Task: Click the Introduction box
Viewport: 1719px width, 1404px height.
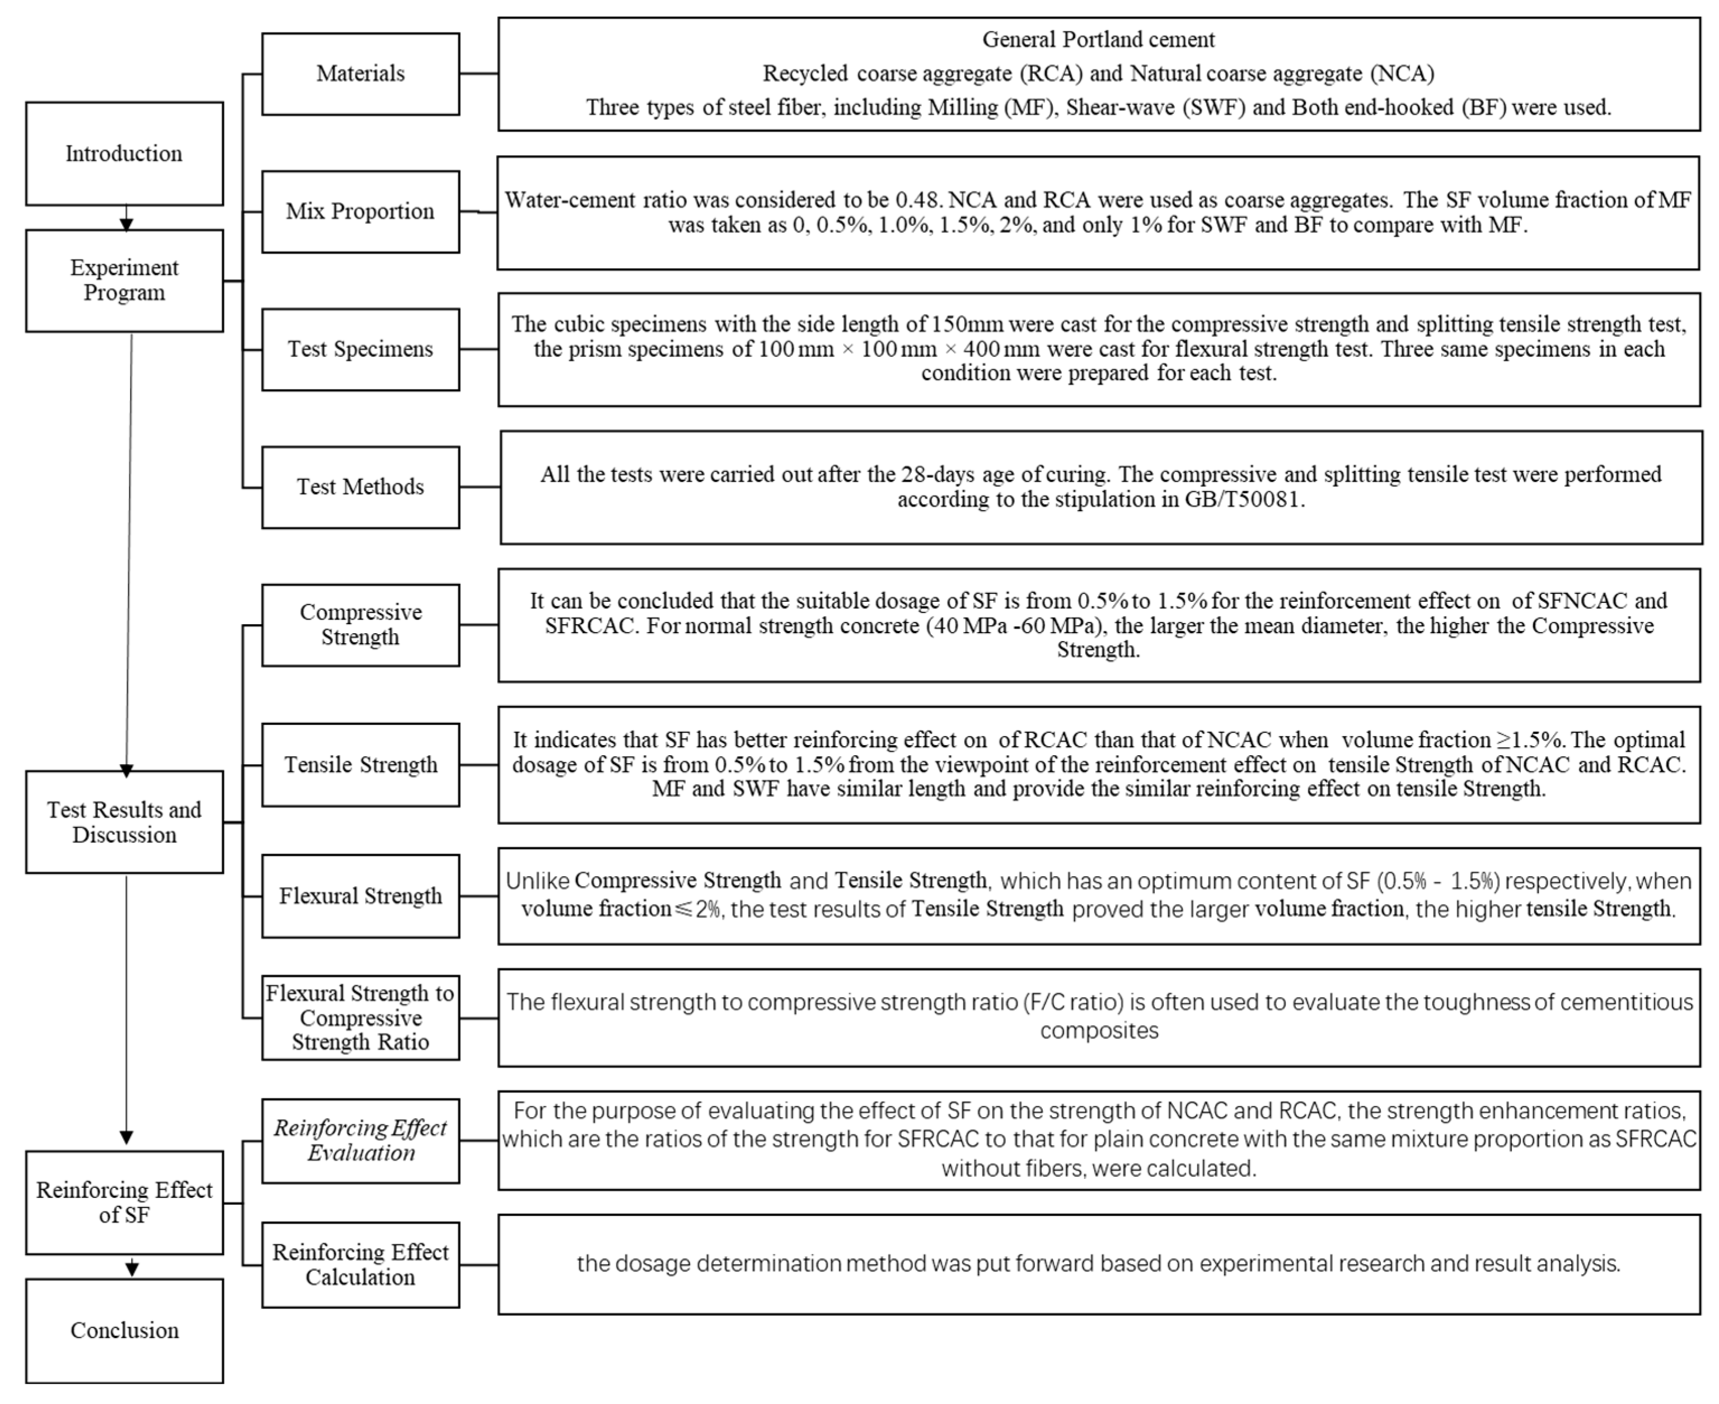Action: pos(124,153)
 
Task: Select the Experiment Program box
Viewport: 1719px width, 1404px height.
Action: pos(124,280)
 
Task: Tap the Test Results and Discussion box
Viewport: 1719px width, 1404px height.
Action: pos(124,822)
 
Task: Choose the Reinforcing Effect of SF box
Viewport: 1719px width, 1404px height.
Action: pos(124,1202)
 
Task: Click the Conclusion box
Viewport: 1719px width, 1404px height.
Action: pos(124,1331)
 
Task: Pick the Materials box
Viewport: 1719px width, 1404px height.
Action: pos(360,73)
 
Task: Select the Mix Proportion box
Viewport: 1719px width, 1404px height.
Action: pos(360,211)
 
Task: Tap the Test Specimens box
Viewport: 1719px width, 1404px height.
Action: pos(360,349)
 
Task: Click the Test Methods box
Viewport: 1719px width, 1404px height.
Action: pos(360,487)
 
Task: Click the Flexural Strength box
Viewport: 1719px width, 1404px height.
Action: pos(360,896)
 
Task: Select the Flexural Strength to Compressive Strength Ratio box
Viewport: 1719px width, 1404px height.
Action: pos(360,1017)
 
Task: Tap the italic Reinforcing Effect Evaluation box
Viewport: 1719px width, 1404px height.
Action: pos(360,1140)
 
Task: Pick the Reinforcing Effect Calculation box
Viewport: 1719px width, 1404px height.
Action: pos(360,1265)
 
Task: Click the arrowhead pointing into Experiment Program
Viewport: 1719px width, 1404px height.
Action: pos(126,223)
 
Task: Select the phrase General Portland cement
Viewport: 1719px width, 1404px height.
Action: pos(1098,40)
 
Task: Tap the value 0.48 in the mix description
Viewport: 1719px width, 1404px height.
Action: pos(917,200)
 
